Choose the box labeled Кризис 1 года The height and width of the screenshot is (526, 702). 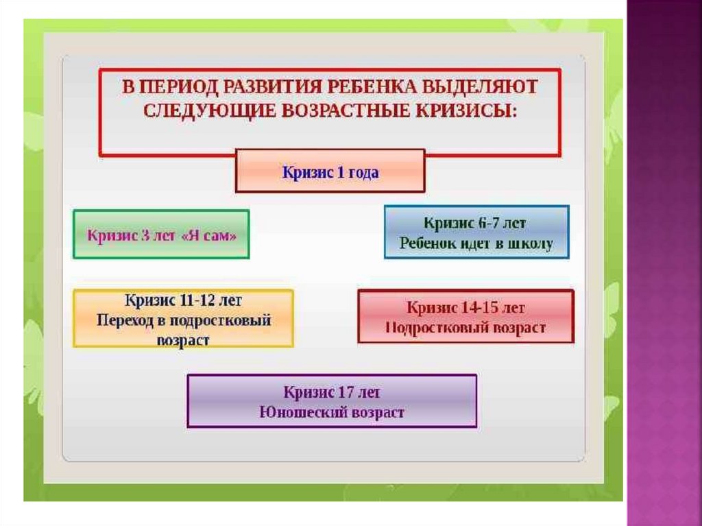330,171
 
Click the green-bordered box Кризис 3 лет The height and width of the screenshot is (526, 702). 161,235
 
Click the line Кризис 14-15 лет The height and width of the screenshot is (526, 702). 465,307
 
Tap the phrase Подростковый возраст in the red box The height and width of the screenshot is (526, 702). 465,328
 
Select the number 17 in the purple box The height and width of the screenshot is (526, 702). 346,393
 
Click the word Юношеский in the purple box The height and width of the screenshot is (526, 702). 295,413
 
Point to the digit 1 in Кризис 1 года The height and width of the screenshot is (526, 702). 341,172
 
